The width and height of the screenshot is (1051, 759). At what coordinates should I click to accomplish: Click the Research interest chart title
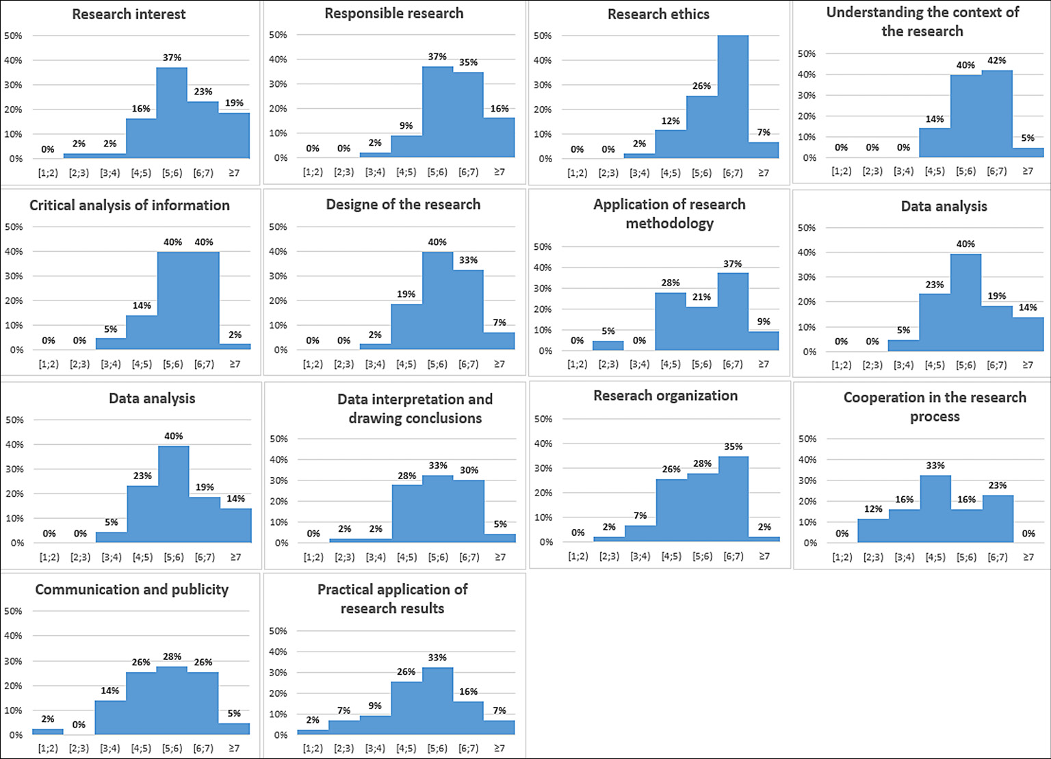point(129,14)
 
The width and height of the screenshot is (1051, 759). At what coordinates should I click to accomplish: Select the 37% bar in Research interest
point(172,113)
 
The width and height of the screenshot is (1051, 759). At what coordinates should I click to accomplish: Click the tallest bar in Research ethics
point(733,97)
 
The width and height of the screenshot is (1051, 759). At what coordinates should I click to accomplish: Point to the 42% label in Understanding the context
point(996,60)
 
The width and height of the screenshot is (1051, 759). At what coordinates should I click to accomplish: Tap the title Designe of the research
point(403,205)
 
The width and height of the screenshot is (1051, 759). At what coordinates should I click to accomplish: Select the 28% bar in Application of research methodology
point(671,322)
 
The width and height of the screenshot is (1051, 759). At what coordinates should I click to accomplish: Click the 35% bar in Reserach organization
point(733,499)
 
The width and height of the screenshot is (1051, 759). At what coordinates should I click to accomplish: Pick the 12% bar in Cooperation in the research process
point(873,530)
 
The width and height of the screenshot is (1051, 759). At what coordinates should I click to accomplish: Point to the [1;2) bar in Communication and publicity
point(48,732)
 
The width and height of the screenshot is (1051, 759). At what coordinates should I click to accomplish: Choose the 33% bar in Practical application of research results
point(437,701)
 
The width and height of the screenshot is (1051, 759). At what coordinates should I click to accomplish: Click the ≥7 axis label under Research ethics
point(764,173)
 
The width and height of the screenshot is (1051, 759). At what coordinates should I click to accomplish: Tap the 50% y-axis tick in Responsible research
point(278,35)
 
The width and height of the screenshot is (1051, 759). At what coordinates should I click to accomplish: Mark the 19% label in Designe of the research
point(406,294)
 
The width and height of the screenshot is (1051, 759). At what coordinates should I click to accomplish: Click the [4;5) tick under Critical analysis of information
point(142,364)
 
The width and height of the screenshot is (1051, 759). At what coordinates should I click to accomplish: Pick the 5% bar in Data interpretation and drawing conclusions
point(500,538)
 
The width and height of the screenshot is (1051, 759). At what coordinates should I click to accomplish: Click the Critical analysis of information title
point(129,205)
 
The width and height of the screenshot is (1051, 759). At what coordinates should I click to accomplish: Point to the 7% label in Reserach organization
point(640,515)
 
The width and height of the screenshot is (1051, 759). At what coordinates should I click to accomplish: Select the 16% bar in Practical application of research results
point(469,718)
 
